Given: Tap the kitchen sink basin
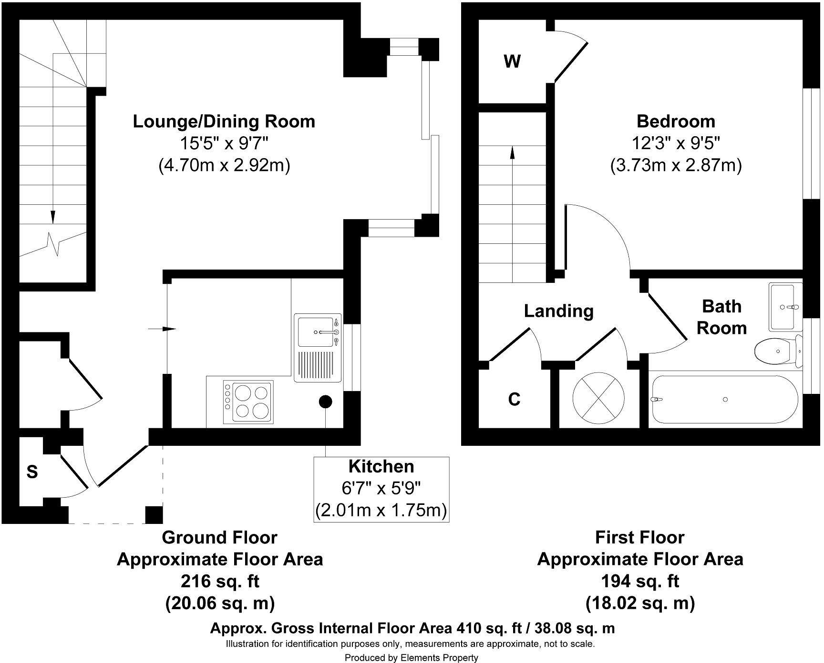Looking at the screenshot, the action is tap(316, 331).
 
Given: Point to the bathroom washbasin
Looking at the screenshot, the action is tap(785, 307).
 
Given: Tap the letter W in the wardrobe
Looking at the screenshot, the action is tap(512, 61).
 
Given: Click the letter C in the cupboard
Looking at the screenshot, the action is tap(514, 399).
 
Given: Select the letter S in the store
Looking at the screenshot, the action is tap(32, 472).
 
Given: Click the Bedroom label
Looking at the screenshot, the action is tap(676, 121).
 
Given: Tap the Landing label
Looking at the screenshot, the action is tap(559, 311).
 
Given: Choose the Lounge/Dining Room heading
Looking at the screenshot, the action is tap(224, 121).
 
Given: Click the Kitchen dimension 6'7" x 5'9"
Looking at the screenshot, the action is tap(381, 488).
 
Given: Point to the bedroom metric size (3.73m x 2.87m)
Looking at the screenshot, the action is tap(676, 165).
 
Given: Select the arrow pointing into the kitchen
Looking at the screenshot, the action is tap(162, 329).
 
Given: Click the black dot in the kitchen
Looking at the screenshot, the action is tap(325, 402).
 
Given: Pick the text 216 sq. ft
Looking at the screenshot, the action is tap(220, 582).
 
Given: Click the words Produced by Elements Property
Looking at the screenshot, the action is tap(411, 658).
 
